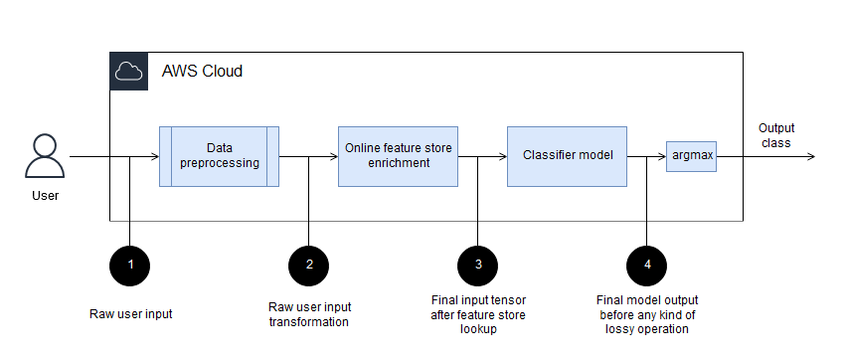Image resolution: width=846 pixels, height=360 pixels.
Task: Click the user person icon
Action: (45, 155)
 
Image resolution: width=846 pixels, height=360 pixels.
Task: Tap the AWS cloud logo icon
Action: (128, 72)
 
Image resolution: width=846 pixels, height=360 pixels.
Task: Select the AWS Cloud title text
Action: (202, 72)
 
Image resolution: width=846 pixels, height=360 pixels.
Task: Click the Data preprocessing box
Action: (219, 156)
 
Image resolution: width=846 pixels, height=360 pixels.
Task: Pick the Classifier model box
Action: (567, 156)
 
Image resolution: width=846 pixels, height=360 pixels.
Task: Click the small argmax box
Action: (691, 156)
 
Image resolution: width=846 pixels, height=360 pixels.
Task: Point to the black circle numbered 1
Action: (130, 264)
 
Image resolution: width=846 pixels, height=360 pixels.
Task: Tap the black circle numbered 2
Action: (309, 264)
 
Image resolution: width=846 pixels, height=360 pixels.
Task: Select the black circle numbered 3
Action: (478, 264)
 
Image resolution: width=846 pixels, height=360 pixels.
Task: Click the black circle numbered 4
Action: (647, 264)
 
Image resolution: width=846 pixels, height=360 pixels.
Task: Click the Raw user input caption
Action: (130, 314)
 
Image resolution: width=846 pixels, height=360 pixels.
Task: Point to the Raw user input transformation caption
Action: (309, 314)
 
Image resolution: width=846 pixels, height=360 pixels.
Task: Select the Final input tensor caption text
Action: (478, 314)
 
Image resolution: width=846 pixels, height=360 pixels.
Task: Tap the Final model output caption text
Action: (647, 314)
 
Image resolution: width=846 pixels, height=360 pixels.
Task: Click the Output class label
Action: (776, 135)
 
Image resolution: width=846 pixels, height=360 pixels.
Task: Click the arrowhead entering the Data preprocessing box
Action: (154, 156)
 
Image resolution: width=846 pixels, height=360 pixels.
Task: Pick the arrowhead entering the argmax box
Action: (661, 156)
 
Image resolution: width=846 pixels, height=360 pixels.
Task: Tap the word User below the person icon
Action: (45, 196)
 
